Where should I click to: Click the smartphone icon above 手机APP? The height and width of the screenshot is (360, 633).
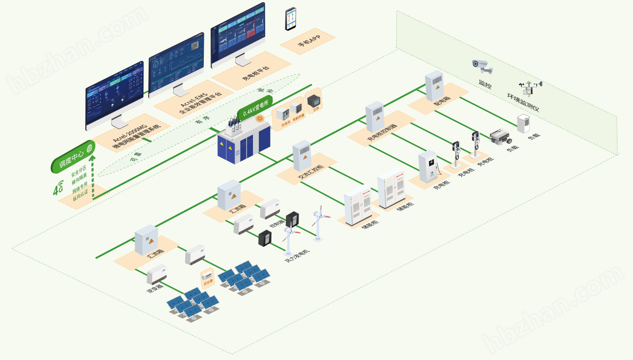click(x=291, y=19)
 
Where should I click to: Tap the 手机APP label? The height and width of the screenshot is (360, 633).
click(x=308, y=41)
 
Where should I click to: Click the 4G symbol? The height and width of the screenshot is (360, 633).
click(x=58, y=189)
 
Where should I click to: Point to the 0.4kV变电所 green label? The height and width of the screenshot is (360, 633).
click(x=256, y=107)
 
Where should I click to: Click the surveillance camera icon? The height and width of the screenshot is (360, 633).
click(x=482, y=66)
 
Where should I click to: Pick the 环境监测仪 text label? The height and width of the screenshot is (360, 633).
click(x=523, y=103)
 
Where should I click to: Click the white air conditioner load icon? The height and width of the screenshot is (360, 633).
click(x=523, y=124)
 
